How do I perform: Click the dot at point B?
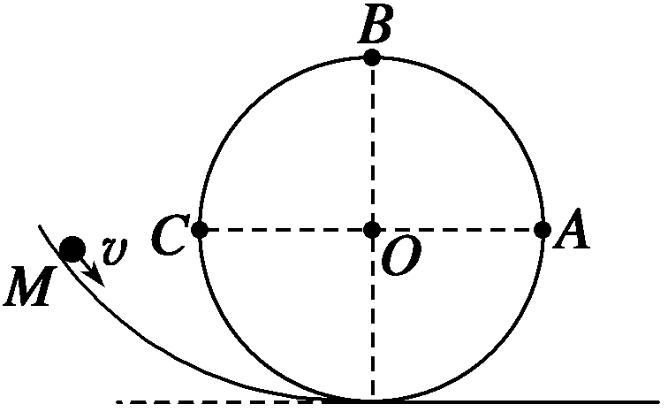372,57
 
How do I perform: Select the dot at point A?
543,230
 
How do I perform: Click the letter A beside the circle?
574,233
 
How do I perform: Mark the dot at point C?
200,230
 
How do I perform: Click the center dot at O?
372,230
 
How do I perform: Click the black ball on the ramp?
72,249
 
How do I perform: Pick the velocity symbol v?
112,251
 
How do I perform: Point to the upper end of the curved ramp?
40,227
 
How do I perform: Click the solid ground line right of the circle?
530,401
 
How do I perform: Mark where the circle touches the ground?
372,401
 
